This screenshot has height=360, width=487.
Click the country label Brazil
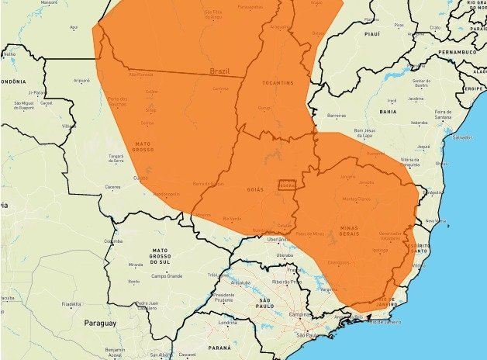point(219,71)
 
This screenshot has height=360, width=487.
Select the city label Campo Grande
point(166,275)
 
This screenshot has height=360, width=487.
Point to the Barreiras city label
point(337,115)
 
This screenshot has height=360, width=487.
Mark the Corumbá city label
point(113,241)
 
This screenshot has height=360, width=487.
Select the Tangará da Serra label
point(116,157)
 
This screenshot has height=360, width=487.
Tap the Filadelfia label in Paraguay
point(71,304)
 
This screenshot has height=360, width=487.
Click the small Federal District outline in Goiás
point(288,185)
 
